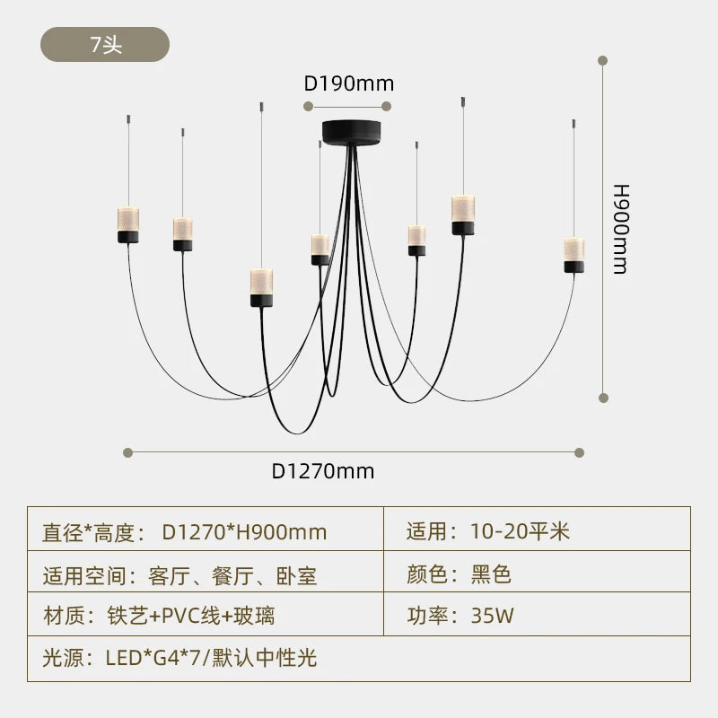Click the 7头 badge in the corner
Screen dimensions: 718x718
(105, 45)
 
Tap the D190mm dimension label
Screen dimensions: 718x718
(349, 84)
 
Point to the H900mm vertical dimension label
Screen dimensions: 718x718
(620, 229)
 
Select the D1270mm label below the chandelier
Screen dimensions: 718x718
(324, 471)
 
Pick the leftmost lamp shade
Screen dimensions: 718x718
(128, 224)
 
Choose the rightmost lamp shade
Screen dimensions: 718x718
(574, 254)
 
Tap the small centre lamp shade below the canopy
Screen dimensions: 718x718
(320, 249)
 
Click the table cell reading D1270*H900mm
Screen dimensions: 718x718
(244, 532)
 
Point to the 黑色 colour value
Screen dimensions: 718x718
(492, 574)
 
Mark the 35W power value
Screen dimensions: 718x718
(493, 617)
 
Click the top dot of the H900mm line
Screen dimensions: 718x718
(603, 61)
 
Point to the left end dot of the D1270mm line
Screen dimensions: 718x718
(128, 452)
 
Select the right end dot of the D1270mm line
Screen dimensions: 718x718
(580, 452)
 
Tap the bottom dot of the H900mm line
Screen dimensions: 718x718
(603, 396)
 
